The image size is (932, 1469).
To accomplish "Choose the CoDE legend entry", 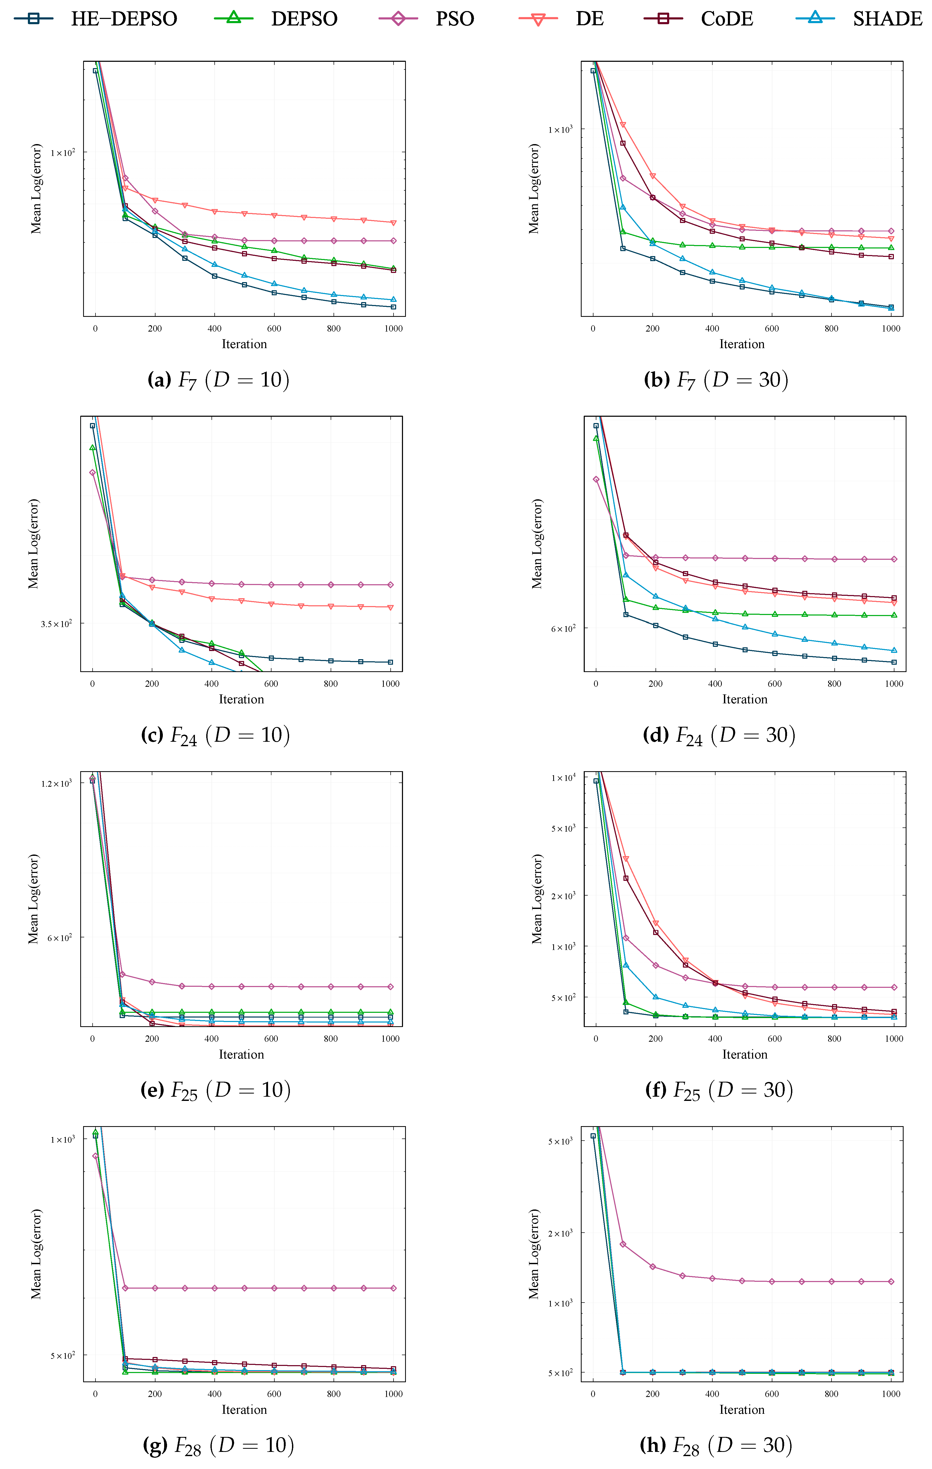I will point(699,19).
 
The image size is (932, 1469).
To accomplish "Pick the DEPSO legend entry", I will point(276,19).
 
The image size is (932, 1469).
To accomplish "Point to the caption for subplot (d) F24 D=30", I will point(719,735).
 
